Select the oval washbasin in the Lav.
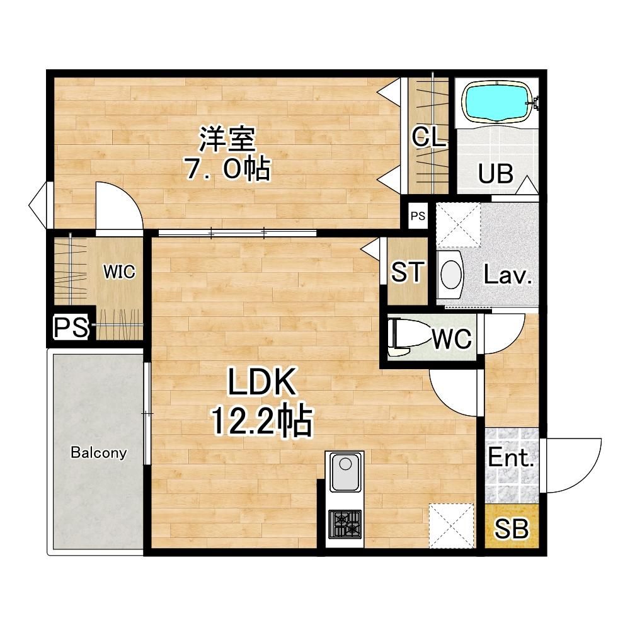coord(451,275)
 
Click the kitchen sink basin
coord(345,472)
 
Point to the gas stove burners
coord(345,524)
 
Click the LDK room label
coord(262,381)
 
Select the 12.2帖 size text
coord(262,420)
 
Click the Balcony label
coord(99,453)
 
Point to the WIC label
coord(119,272)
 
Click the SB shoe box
coord(512,526)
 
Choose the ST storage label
coord(408,272)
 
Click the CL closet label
coord(429,137)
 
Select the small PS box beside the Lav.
coord(418,216)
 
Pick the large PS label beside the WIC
coord(71,327)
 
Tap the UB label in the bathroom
coord(496,174)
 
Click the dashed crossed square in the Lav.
coord(459,225)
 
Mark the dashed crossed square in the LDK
coord(452,525)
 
